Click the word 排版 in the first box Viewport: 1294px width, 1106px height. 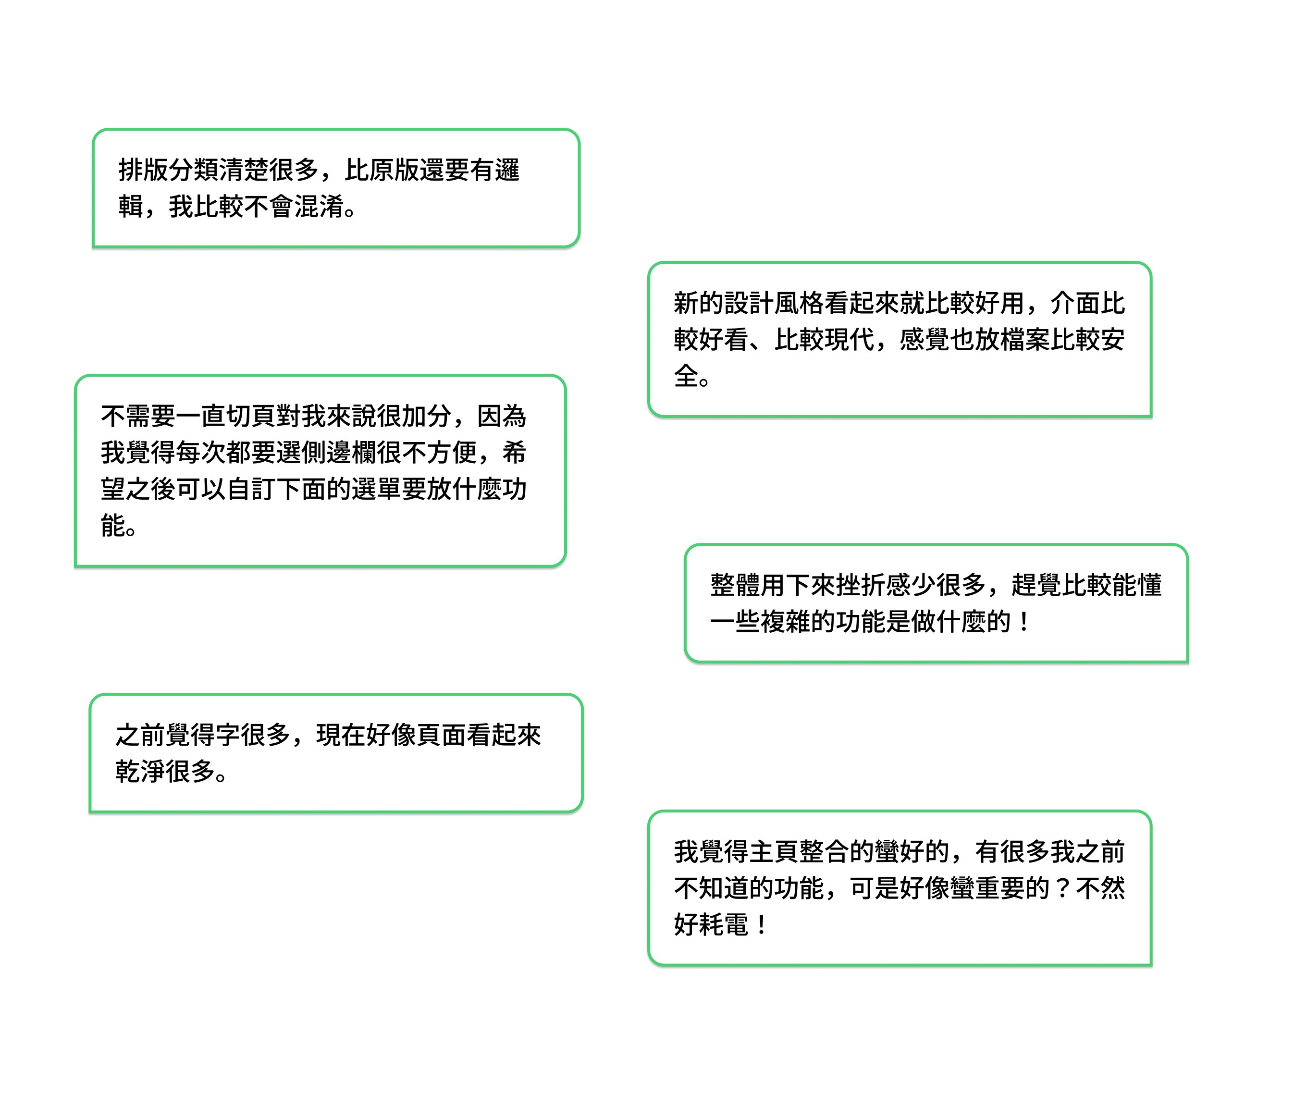[x=143, y=170]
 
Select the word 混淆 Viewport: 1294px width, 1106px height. [x=319, y=207]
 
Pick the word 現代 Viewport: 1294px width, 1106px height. [x=850, y=340]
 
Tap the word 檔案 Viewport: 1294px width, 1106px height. [x=1025, y=340]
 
